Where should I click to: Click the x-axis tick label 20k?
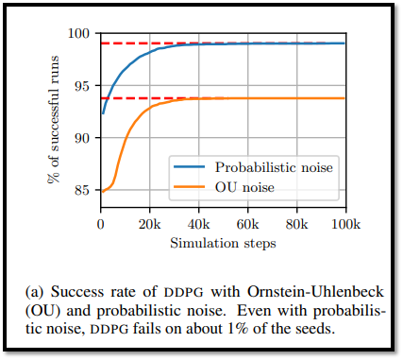pos(150,224)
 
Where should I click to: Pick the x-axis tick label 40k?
pos(199,224)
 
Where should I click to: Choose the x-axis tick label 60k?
pos(248,224)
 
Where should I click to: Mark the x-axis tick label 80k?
pos(297,224)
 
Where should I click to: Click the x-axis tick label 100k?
pos(345,224)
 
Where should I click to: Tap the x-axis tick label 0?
pos(101,224)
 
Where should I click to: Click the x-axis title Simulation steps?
pos(223,244)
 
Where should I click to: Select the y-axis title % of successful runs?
pos(54,119)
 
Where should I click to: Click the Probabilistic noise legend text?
pos(274,167)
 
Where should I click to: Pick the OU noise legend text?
pos(244,187)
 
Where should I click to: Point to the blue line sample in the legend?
pos(190,167)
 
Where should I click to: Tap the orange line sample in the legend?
pos(190,187)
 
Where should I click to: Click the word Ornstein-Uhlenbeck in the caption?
pos(315,292)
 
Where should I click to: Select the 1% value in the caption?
pos(237,329)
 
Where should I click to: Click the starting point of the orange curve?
pos(103,192)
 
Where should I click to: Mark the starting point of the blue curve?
pos(103,113)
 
